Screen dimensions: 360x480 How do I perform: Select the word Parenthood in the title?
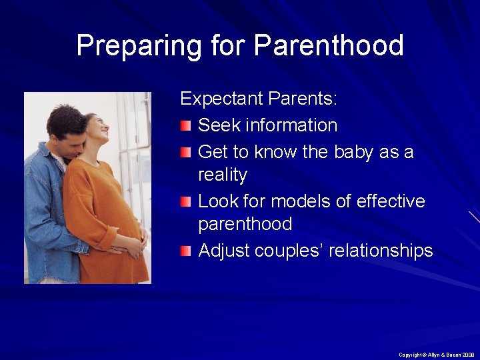pos(329,46)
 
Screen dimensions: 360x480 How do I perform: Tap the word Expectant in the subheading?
pos(221,99)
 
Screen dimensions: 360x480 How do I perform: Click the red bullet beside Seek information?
pos(187,125)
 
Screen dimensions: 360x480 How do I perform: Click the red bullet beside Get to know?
pos(187,152)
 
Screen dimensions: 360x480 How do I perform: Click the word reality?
pos(223,175)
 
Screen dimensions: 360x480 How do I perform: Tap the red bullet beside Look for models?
pos(187,201)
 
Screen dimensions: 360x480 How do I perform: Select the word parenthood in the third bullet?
pos(245,224)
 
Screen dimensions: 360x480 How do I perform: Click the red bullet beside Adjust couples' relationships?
pos(187,251)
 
